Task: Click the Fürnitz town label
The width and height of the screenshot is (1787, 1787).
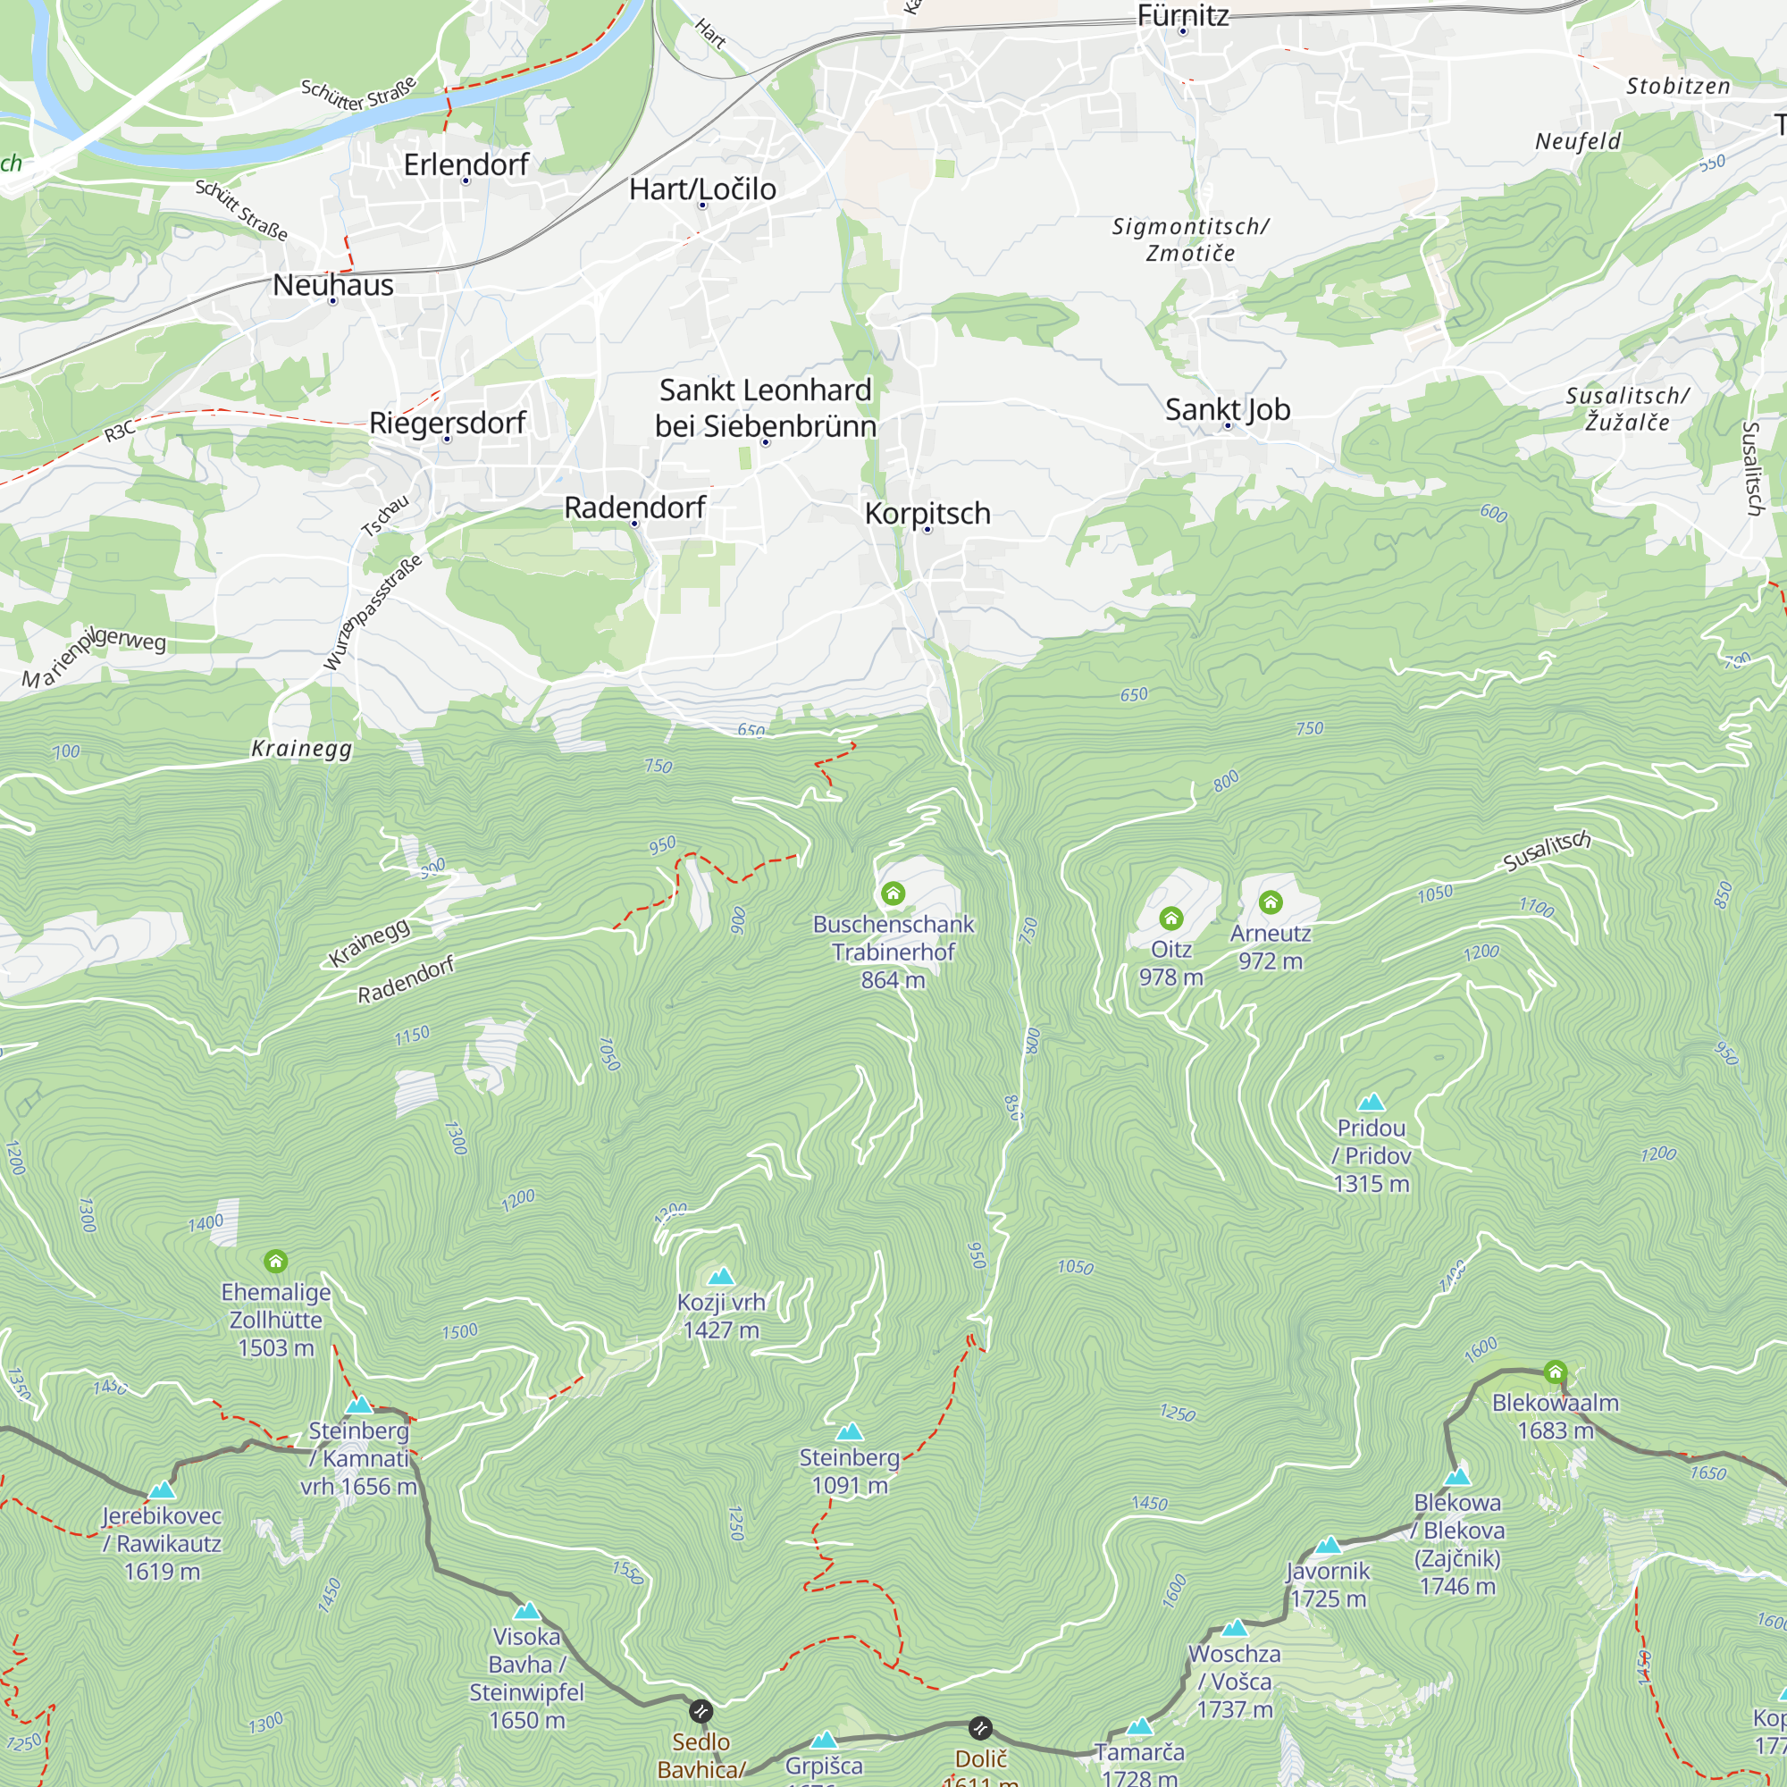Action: click(1182, 15)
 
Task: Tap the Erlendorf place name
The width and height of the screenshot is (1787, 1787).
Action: click(466, 164)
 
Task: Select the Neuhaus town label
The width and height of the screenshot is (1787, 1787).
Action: click(333, 285)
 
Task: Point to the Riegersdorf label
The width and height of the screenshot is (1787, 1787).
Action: click(447, 423)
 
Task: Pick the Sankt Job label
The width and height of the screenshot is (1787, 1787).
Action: click(1227, 409)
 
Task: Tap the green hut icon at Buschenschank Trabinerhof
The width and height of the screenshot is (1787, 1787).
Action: click(893, 893)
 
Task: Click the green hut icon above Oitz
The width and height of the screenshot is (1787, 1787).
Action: click(1171, 918)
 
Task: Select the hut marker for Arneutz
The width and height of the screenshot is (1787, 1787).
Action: click(1270, 902)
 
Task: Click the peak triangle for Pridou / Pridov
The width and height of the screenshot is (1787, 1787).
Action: click(1371, 1102)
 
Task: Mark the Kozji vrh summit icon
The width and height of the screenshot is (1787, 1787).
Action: click(720, 1277)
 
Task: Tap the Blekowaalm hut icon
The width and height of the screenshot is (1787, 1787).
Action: click(1555, 1372)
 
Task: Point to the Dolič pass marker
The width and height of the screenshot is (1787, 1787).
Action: click(980, 1727)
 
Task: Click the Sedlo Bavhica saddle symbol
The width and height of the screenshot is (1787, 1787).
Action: click(701, 1710)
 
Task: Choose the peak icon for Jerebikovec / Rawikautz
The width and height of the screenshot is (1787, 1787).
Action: click(162, 1489)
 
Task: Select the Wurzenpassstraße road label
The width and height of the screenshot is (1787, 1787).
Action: click(372, 612)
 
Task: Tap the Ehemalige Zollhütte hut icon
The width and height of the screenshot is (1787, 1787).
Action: click(275, 1261)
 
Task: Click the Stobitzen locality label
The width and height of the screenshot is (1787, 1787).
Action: click(1678, 86)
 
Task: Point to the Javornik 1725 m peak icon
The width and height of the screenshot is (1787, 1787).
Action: click(1328, 1545)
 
